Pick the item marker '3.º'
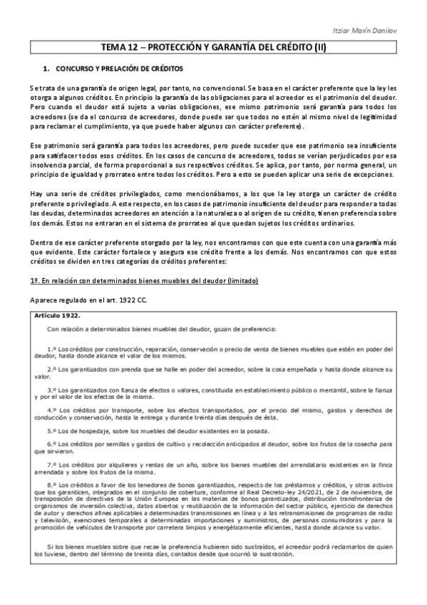[x=51, y=390]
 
